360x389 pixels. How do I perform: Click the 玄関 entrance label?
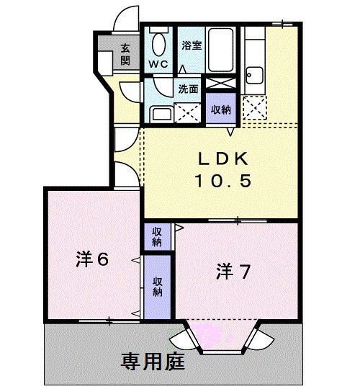[125, 54]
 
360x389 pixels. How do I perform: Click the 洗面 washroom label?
[188, 90]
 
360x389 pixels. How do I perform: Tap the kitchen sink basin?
[255, 74]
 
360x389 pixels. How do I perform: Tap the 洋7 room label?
[233, 272]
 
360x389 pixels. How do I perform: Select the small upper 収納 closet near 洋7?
[157, 236]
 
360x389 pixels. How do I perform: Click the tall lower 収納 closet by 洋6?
[157, 286]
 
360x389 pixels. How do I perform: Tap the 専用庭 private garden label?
[153, 360]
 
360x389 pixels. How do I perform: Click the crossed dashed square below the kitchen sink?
[255, 109]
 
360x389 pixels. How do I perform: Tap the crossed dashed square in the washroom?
[188, 112]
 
